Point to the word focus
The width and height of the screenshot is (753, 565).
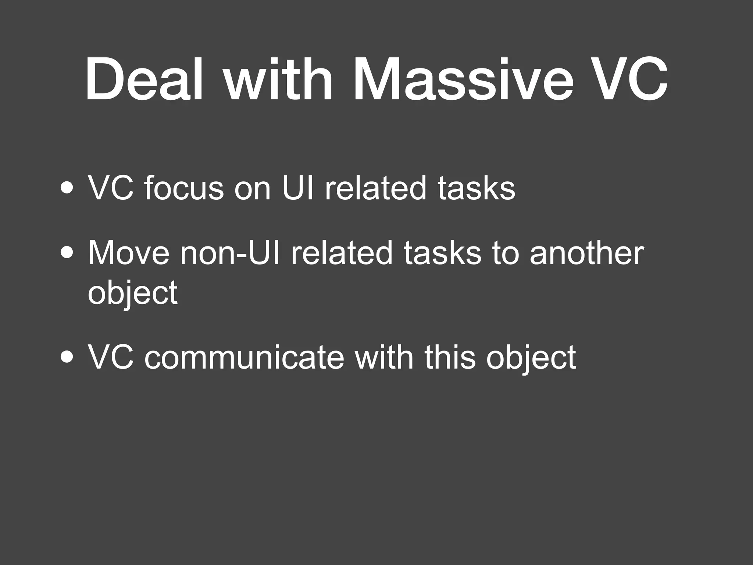tap(184, 188)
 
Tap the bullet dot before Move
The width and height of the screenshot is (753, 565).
tap(67, 255)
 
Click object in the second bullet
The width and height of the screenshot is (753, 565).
tap(133, 292)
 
